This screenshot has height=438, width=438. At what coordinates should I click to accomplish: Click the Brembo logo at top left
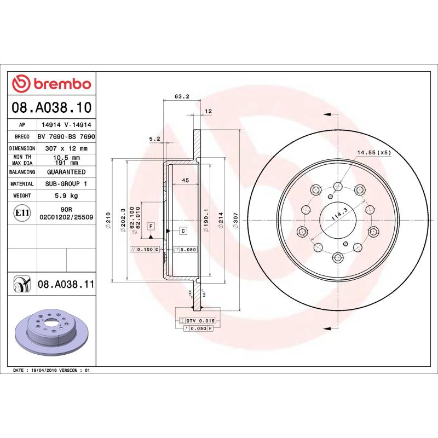click(51, 84)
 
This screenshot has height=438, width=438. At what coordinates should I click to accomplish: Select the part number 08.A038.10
click(51, 107)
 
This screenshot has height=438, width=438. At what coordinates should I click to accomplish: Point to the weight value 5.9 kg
click(66, 195)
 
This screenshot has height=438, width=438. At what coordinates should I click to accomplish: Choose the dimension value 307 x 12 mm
click(66, 148)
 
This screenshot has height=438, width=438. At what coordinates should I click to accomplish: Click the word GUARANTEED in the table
click(66, 172)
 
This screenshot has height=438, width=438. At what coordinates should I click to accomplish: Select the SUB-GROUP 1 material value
click(66, 184)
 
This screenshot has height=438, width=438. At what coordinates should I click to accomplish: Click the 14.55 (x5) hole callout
click(374, 152)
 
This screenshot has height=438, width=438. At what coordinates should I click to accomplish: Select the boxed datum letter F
click(150, 226)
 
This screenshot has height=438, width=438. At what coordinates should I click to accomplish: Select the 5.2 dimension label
click(154, 139)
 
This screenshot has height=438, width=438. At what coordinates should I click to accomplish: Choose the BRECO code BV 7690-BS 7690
click(66, 136)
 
